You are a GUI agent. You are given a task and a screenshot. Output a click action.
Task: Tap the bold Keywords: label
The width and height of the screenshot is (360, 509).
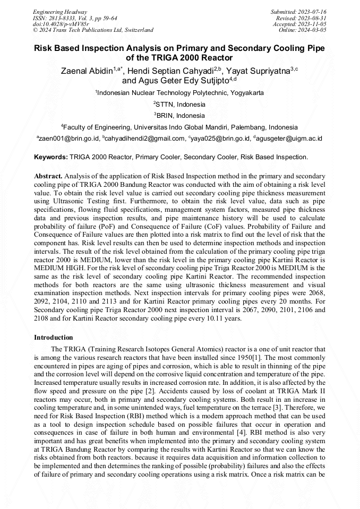tap(51, 157)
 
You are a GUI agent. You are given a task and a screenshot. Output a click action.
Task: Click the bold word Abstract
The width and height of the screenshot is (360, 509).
tap(48, 175)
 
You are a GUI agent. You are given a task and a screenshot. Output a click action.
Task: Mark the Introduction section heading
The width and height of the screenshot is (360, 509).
tap(54, 337)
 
